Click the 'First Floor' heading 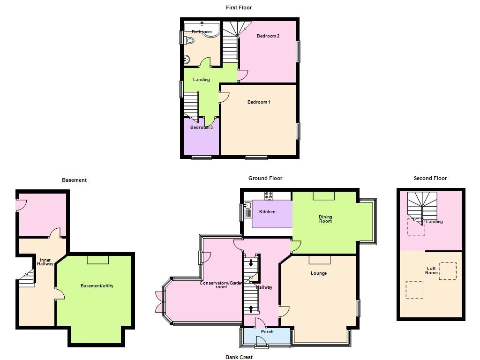click(239, 7)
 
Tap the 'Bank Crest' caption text click(239, 357)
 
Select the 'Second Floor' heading click(430, 178)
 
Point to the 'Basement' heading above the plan click(74, 180)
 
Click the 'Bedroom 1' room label click(259, 102)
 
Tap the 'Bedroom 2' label click(268, 36)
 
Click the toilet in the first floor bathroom click(189, 41)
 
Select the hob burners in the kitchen click(268, 196)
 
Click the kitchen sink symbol click(247, 205)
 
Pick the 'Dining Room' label click(325, 219)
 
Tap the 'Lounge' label click(319, 273)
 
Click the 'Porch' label click(267, 332)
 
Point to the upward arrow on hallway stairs click(251, 309)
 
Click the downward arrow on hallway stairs click(251, 263)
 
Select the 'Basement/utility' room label click(97, 286)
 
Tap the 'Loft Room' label click(431, 270)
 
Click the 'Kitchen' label click(267, 212)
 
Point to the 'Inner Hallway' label click(45, 262)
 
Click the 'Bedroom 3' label click(202, 127)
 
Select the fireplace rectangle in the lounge click(319, 260)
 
